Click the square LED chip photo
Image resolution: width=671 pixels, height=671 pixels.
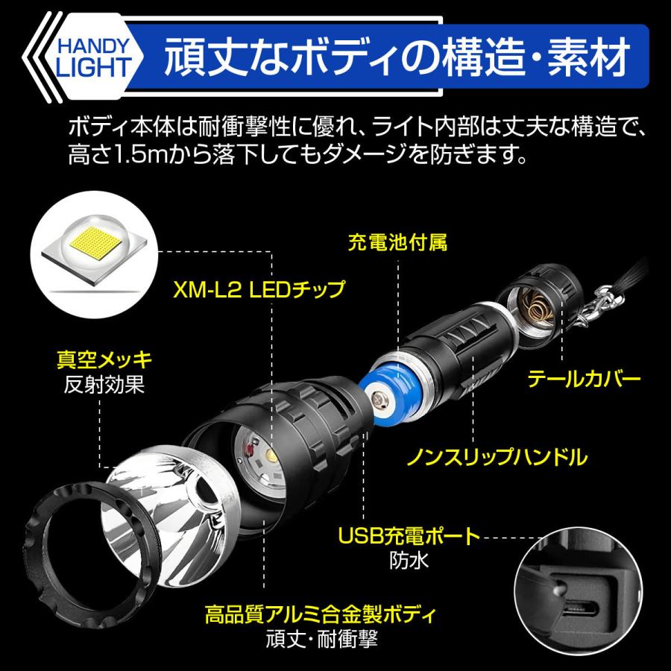point(94,247)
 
